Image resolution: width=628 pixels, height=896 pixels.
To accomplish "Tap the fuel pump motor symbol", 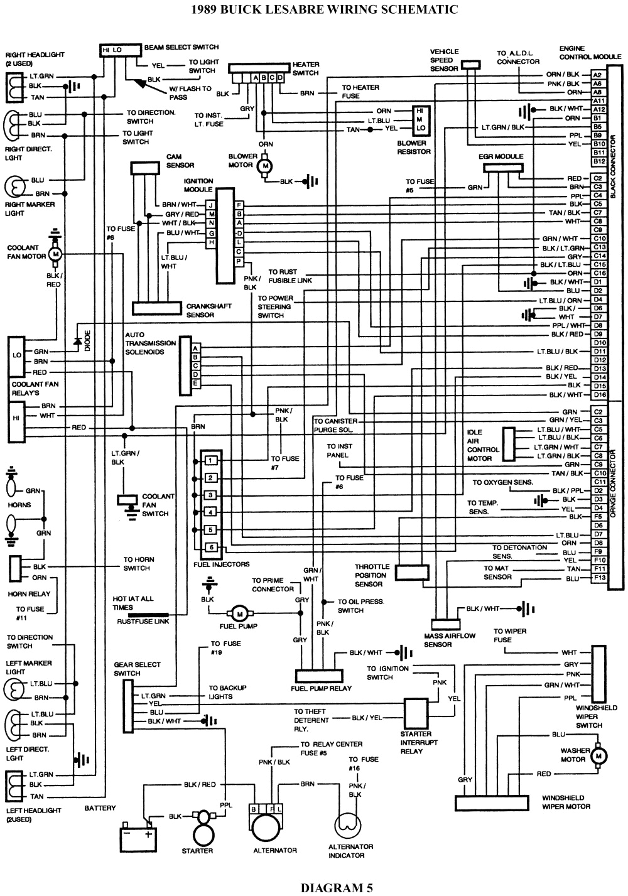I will (239, 613).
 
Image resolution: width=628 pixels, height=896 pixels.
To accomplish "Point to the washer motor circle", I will (598, 753).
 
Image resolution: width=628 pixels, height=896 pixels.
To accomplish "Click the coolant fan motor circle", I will (55, 254).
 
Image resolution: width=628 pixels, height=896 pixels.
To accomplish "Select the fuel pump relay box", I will (319, 676).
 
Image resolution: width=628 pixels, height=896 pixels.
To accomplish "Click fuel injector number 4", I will (212, 512).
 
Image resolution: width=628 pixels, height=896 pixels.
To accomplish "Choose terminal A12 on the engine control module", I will (598, 109).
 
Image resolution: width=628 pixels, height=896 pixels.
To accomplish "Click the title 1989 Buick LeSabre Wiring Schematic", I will (314, 9).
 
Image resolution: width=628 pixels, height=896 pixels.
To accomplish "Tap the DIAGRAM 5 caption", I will (336, 887).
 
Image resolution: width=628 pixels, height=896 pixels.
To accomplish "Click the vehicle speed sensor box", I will (470, 64).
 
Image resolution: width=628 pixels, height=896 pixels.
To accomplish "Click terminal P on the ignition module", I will (239, 261).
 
